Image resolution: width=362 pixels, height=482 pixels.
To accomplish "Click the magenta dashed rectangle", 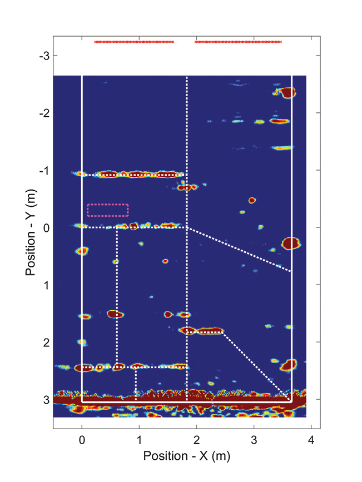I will click(x=108, y=210).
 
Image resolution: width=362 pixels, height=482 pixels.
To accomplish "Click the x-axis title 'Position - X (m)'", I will click(x=187, y=456).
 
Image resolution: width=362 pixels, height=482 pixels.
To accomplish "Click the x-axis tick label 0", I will click(x=82, y=440).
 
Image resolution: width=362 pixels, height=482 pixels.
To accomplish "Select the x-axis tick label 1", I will click(x=140, y=440).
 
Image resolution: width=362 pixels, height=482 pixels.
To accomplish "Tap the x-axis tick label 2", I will click(x=197, y=440).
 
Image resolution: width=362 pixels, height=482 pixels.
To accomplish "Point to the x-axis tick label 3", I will click(x=254, y=440).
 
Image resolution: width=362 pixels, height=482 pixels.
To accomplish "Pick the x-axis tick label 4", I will click(x=311, y=440).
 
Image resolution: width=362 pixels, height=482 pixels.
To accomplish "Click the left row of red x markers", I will click(x=134, y=42).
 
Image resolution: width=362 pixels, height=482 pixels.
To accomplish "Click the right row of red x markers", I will click(x=238, y=42).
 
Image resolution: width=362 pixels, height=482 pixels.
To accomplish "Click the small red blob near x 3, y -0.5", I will click(x=252, y=200).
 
